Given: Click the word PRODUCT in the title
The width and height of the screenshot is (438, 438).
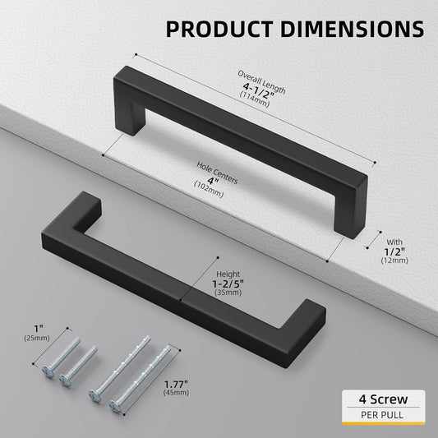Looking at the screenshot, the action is (x=219, y=29).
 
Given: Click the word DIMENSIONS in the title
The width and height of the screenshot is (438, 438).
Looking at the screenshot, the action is (x=353, y=29).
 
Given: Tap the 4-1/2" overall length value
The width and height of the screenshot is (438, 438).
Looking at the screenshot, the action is (x=259, y=90).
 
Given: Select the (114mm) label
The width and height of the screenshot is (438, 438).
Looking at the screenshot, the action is (x=254, y=99).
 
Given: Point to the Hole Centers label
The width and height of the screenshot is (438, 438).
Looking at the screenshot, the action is (x=217, y=173).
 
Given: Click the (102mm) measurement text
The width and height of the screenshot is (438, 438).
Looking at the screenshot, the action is (x=209, y=189).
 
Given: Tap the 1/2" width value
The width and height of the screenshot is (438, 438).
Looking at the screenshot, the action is (x=394, y=252).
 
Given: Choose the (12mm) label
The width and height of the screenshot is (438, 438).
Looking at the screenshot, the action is (x=394, y=260).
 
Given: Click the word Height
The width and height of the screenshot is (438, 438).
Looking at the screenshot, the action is (x=228, y=274).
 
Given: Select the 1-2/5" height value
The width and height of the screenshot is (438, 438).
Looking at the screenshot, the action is (x=228, y=284).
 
